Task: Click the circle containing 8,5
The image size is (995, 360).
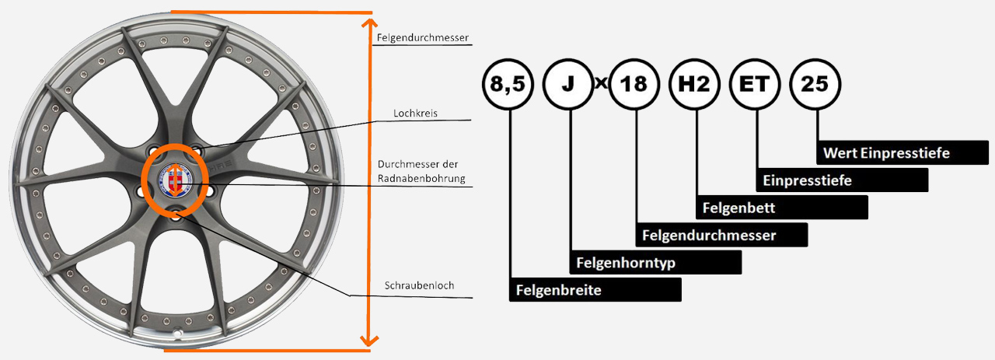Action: (x=508, y=84)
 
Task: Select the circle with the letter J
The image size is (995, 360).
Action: (x=569, y=84)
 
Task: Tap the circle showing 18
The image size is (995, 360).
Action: (x=634, y=84)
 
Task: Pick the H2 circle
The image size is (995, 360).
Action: (x=694, y=84)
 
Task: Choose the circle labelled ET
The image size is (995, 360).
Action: (x=755, y=84)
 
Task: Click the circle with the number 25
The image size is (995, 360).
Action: (x=815, y=84)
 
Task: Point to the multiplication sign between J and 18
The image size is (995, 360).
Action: (x=601, y=82)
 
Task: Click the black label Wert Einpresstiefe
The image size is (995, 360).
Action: (x=893, y=152)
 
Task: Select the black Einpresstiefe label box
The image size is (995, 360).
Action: (x=842, y=180)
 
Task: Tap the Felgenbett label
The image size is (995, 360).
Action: (x=781, y=208)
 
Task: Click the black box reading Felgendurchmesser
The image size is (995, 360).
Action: (x=721, y=235)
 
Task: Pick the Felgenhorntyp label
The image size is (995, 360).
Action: (x=656, y=263)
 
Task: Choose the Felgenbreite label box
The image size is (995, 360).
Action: (x=595, y=290)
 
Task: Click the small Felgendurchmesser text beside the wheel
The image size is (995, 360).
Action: (x=422, y=37)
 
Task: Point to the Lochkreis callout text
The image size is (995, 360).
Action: (x=416, y=113)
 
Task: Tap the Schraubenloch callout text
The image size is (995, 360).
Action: (x=419, y=285)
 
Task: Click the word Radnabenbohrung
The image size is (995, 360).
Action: (x=421, y=179)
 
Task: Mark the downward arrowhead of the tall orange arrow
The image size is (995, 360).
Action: (x=369, y=341)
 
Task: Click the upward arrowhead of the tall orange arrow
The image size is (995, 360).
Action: (x=369, y=23)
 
